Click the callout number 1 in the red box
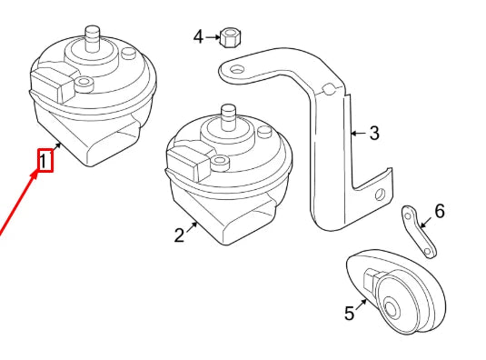point(44,161)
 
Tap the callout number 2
point(179,235)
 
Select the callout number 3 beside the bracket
point(374,133)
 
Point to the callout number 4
point(198,37)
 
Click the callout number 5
point(350,313)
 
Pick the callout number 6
point(440,211)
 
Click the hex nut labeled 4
point(231,38)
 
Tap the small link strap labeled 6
point(419,232)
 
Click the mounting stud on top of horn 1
point(93,38)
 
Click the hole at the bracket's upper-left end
point(238,69)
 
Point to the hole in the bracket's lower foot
point(380,195)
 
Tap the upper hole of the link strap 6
point(409,215)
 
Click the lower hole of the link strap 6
point(428,251)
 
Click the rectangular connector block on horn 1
point(53,83)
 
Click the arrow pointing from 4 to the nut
point(213,37)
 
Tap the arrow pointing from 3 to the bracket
point(359,134)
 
